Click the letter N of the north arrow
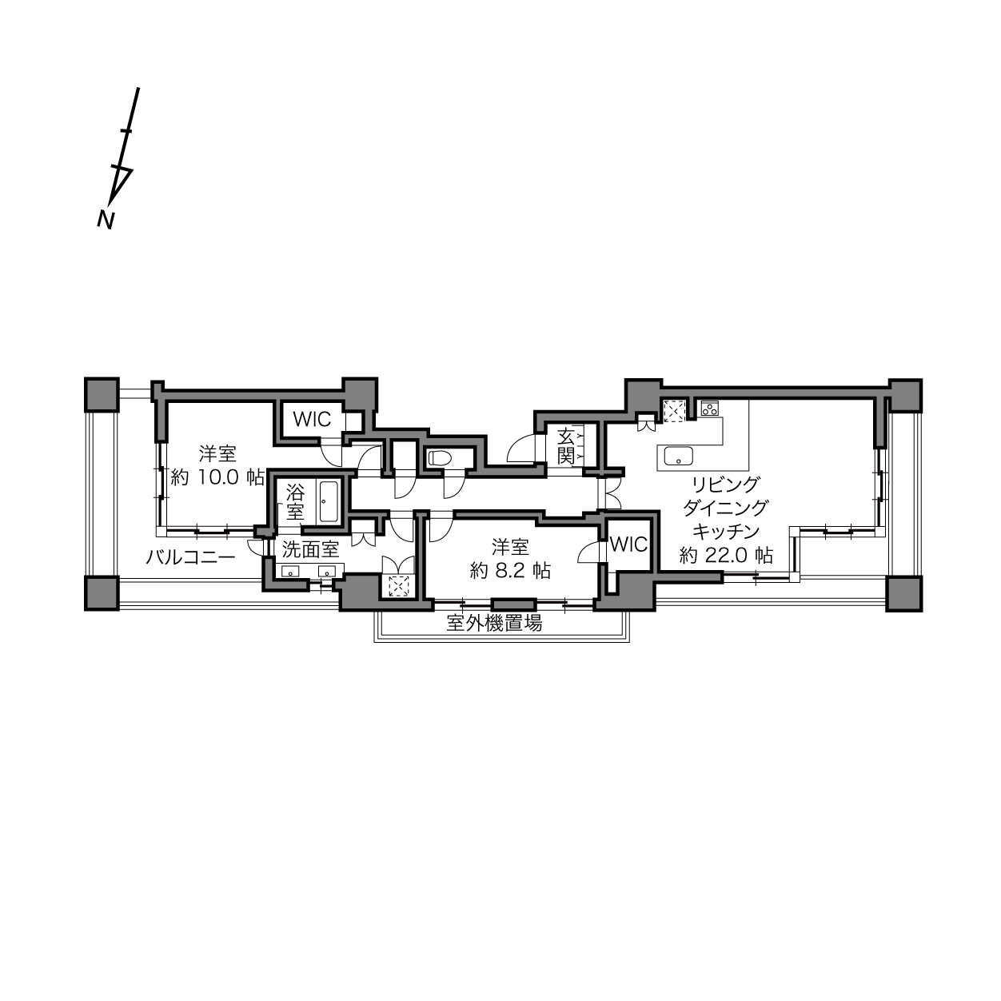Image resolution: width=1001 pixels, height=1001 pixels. [x=106, y=221]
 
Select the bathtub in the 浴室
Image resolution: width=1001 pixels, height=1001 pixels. [x=329, y=501]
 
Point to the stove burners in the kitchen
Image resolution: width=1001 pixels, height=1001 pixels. [x=709, y=409]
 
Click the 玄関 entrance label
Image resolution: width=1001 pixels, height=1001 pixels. [x=565, y=446]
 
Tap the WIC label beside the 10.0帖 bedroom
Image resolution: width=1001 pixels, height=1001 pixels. [x=312, y=419]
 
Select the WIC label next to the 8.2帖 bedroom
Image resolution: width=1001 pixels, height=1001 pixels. [x=628, y=544]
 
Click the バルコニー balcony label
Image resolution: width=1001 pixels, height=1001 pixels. [x=190, y=558]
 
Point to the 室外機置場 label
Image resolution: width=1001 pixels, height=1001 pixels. [x=494, y=623]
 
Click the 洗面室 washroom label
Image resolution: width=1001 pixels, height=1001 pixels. [x=311, y=549]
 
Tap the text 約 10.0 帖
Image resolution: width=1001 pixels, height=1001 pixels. [x=217, y=477]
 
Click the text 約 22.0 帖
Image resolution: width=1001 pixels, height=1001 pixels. [x=726, y=556]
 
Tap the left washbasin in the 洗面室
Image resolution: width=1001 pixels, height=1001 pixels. [x=290, y=572]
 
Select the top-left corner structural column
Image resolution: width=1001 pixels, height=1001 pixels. [x=102, y=395]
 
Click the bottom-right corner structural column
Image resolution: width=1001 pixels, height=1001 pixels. [x=904, y=593]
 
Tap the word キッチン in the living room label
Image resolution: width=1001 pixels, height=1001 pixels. [x=726, y=531]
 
